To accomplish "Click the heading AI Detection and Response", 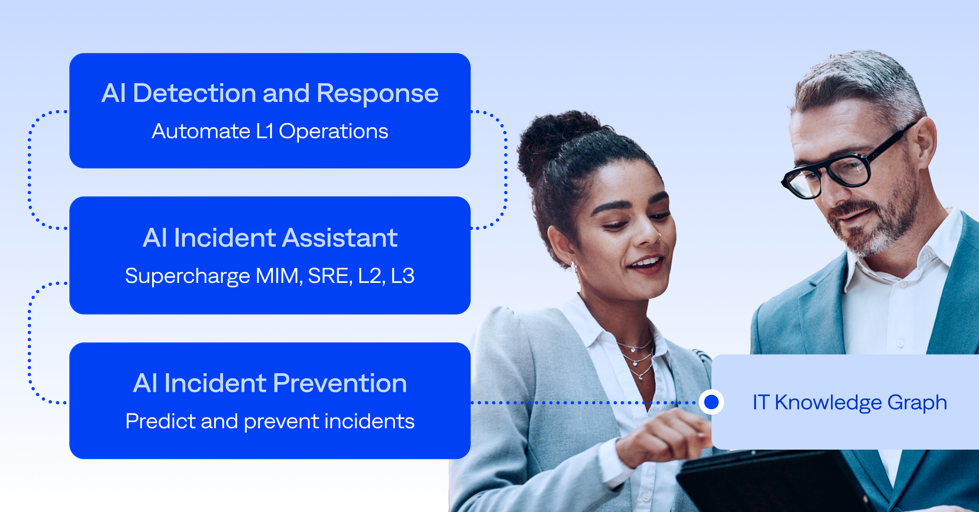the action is click(x=270, y=93).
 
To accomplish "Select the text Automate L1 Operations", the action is click(x=270, y=131).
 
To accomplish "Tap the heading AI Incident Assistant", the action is click(x=270, y=238).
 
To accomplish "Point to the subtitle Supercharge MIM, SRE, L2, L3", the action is click(x=270, y=276).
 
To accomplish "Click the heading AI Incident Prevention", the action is click(x=270, y=383).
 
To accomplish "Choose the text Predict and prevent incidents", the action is click(x=270, y=421).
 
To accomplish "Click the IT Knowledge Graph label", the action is click(x=850, y=402).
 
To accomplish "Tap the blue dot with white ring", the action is click(x=711, y=402).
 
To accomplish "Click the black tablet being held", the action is click(x=775, y=481).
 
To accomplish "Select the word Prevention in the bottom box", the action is click(x=340, y=383).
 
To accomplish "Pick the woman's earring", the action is click(x=574, y=266).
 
